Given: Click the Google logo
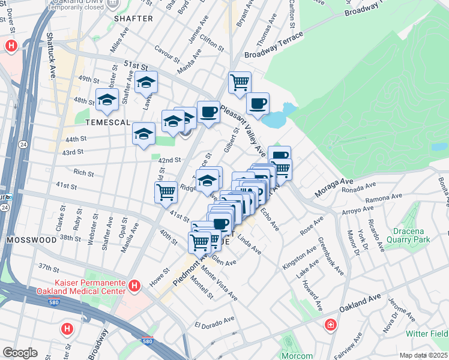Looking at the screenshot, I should [20, 352].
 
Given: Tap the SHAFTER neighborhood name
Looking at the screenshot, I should [133, 19].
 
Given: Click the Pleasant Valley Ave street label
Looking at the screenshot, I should [243, 130].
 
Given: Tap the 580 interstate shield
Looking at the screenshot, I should [148, 341].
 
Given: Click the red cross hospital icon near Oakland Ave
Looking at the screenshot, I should [330, 326].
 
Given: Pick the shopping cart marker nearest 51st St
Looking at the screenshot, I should [240, 82].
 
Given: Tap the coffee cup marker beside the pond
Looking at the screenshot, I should [258, 103].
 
